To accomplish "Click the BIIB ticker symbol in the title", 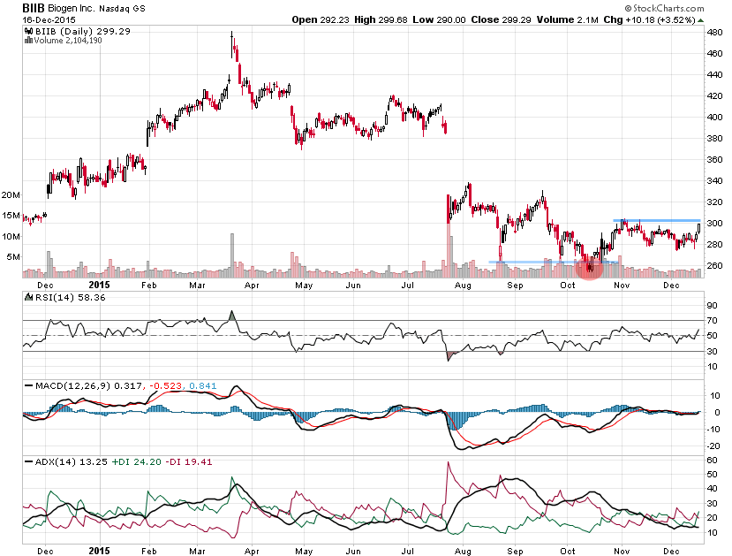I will pos(36,7).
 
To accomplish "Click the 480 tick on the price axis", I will pos(715,33).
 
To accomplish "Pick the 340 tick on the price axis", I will pos(715,180).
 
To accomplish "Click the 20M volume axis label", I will pos(11,194).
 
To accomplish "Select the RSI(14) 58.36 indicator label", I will pos(60,297).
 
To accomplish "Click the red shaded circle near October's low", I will pos(590,268).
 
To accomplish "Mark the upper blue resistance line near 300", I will pos(655,220).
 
